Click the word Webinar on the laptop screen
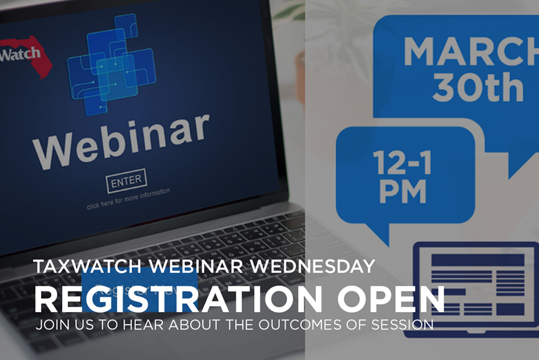coord(121,141)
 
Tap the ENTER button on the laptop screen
coord(126,181)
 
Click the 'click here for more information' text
coord(128,199)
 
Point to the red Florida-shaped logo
coord(26,56)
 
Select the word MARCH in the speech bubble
coord(471,51)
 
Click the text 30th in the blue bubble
coord(478,88)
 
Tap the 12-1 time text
coord(402,162)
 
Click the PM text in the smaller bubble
coord(402,191)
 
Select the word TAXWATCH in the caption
coord(88,266)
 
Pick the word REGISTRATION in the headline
coord(179,299)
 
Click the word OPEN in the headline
coord(391,299)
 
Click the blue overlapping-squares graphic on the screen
coord(111,64)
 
